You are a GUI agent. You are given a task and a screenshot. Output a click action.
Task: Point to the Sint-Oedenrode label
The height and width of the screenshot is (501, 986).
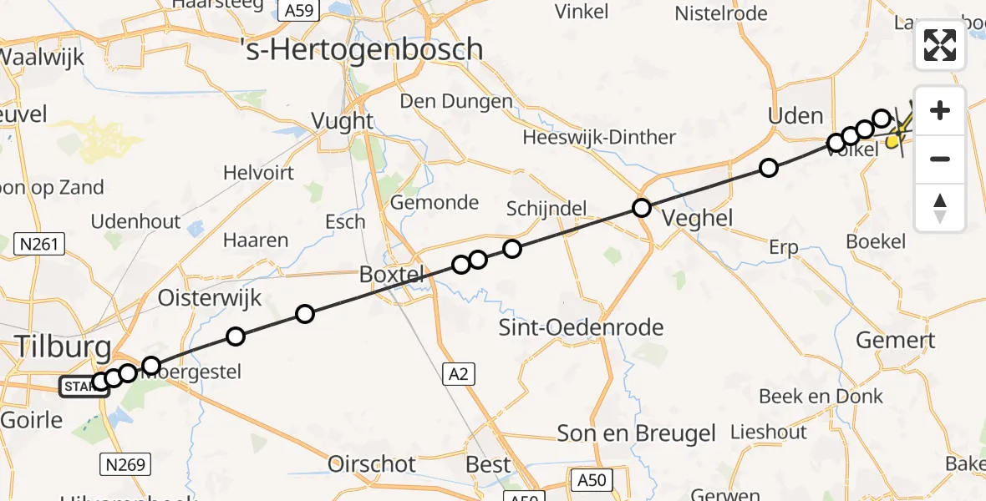click(581, 326)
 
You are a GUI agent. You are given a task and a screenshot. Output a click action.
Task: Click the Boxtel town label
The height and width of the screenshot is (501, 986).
click(393, 274)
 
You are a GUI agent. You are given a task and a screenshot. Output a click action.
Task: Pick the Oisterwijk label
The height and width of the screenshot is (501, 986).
click(210, 298)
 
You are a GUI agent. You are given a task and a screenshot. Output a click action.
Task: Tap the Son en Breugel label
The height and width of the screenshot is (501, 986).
click(637, 433)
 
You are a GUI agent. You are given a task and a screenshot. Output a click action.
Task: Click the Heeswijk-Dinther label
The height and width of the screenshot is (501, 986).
click(611, 137)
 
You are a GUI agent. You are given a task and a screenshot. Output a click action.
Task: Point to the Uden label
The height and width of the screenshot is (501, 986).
click(795, 116)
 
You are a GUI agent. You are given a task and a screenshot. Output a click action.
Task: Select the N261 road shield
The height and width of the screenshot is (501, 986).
click(40, 244)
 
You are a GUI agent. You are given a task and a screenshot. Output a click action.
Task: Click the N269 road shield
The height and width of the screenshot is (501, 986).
click(123, 463)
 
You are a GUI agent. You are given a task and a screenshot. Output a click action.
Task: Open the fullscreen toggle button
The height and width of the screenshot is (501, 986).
click(940, 45)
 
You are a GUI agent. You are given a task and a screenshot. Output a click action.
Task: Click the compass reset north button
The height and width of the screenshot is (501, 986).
click(940, 208)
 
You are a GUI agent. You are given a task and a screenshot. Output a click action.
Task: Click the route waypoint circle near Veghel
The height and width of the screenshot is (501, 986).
click(641, 208)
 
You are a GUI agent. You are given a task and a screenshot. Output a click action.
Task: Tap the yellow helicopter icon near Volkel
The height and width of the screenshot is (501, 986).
click(896, 137)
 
